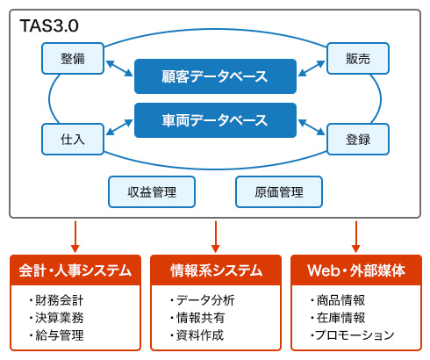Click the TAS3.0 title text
(x=49, y=25)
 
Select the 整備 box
(x=73, y=58)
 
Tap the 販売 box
(x=358, y=58)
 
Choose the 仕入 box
(x=73, y=139)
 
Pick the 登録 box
(x=358, y=139)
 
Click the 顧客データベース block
(x=215, y=76)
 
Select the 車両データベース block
(x=215, y=120)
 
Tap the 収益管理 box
(x=152, y=191)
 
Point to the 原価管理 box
(x=279, y=191)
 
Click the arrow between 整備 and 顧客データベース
(x=119, y=68)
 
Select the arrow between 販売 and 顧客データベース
(x=312, y=68)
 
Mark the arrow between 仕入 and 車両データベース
(x=119, y=127)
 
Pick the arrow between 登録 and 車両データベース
(x=312, y=127)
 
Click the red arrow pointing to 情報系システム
(x=216, y=236)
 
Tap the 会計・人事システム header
(x=75, y=270)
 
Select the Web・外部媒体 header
(x=356, y=270)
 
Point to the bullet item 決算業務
(x=56, y=318)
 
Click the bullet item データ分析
(x=203, y=300)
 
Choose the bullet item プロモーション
(x=352, y=335)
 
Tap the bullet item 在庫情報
(x=338, y=318)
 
